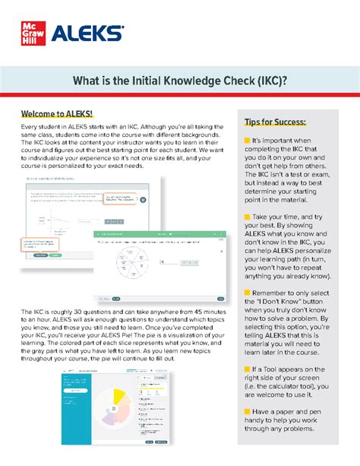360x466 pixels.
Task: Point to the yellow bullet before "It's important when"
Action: [247, 141]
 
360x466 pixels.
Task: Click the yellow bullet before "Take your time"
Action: [247, 217]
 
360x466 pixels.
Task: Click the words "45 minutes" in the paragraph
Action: [201, 313]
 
